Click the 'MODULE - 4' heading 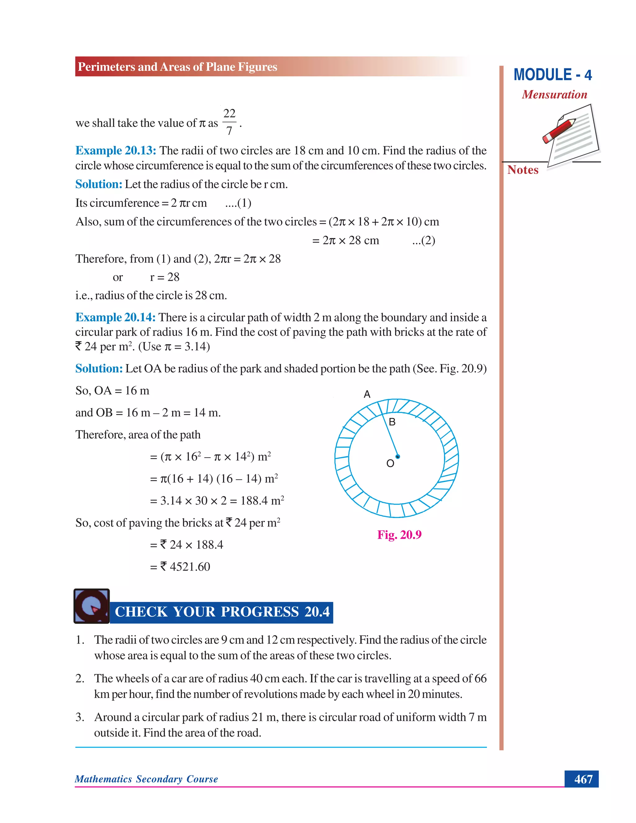[552, 75]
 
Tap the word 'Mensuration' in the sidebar [554, 95]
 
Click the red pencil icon [559, 130]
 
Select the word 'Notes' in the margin [523, 170]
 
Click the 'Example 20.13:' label [116, 151]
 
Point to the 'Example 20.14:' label [115, 317]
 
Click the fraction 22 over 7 [229, 122]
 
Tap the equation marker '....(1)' [238, 203]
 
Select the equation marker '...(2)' [424, 240]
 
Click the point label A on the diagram [367, 394]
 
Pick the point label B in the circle [392, 422]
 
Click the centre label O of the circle [390, 463]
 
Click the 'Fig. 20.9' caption [399, 535]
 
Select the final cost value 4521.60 [189, 567]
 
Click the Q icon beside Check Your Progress [92, 606]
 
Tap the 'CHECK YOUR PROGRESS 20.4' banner [222, 612]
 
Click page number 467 [583, 779]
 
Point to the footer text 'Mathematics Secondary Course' [146, 779]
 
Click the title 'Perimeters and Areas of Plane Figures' [177, 67]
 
